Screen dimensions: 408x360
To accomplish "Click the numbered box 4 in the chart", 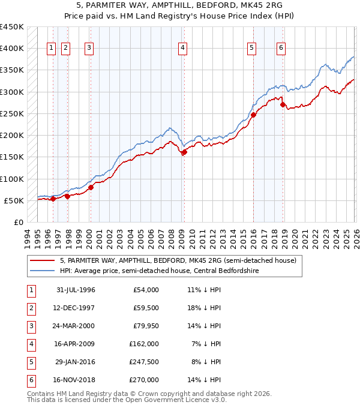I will (x=182, y=49).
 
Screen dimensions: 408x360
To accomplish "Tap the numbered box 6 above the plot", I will (x=281, y=49).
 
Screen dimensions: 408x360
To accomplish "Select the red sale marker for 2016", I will (x=253, y=115).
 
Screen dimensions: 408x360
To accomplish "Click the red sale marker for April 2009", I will (x=184, y=152).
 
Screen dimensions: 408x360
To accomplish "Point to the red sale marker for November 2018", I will (x=283, y=104).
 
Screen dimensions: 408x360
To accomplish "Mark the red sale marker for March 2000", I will (x=91, y=187).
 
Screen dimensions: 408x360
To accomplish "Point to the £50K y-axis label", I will (x=13, y=200).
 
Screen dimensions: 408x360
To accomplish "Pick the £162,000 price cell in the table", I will (x=143, y=344).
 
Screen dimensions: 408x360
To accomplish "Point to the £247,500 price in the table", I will (x=143, y=362).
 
